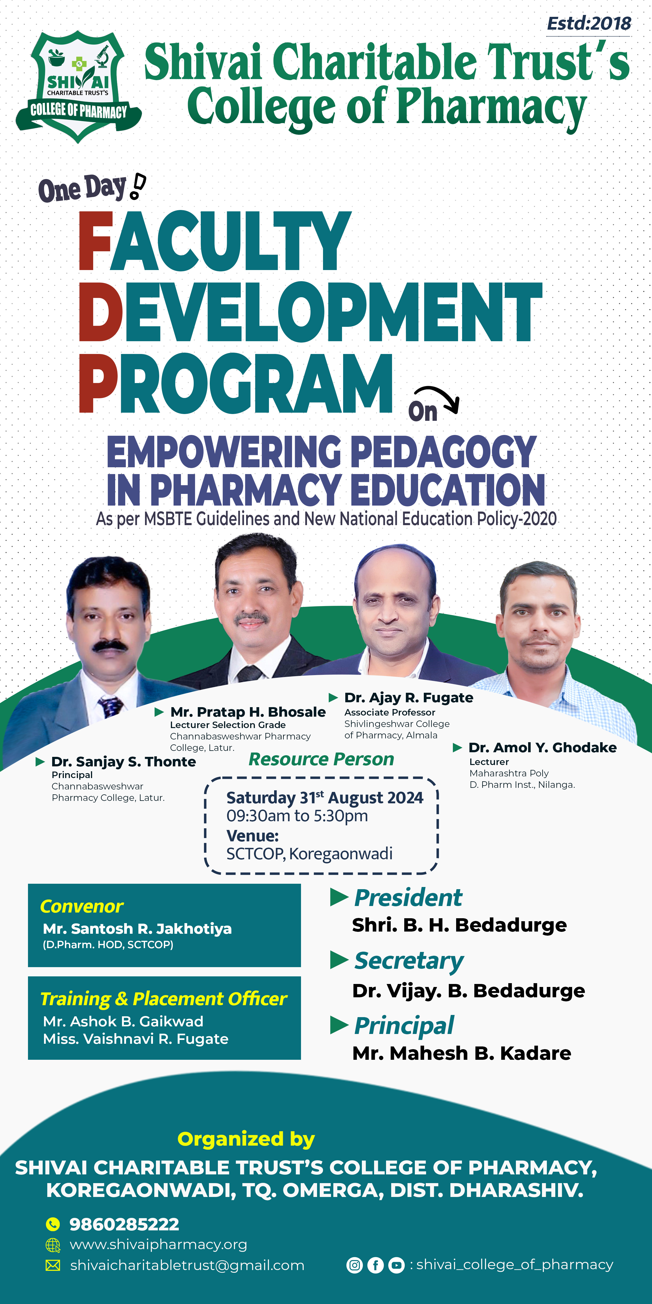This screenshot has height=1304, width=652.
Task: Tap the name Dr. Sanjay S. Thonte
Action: tap(124, 762)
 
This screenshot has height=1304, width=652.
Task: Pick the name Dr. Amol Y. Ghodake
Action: tap(543, 748)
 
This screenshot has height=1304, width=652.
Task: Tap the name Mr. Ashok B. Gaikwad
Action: tap(123, 1021)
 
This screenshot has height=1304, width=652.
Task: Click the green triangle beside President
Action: tap(339, 898)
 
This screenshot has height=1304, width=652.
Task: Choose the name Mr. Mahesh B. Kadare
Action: tap(462, 1054)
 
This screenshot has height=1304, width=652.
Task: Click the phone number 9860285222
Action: tap(124, 1224)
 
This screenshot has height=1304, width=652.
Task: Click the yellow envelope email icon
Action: tap(53, 1265)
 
